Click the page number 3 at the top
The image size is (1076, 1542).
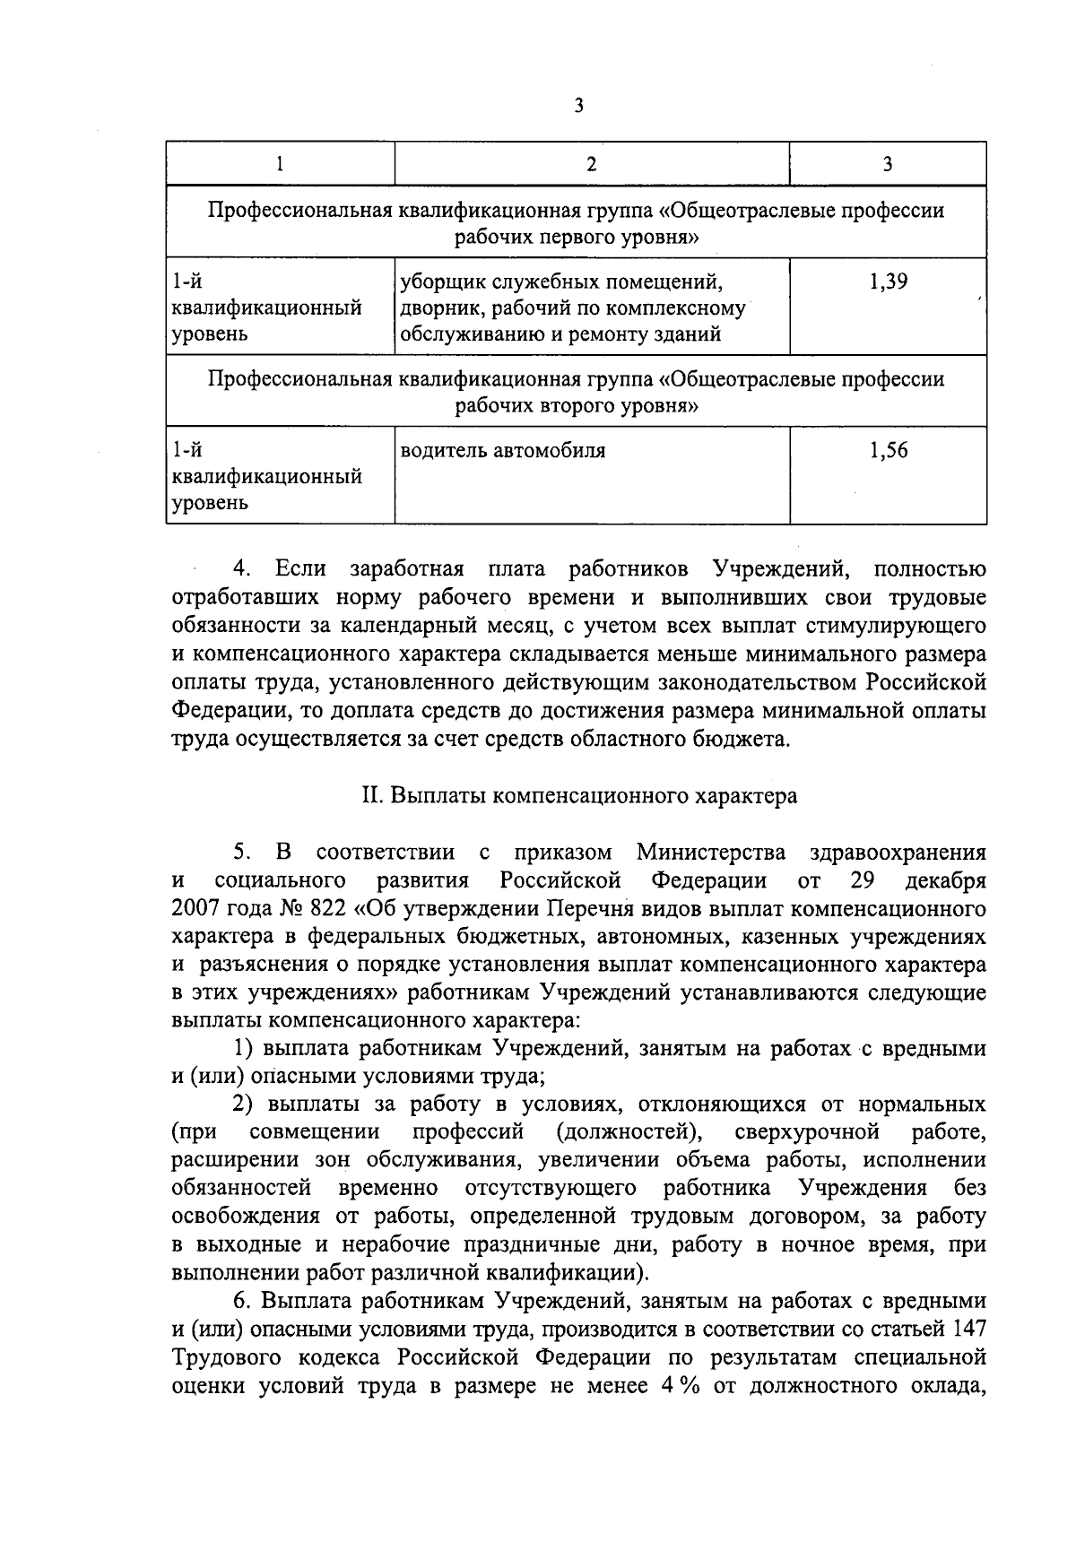pos(578,106)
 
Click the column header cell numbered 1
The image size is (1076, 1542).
pos(281,164)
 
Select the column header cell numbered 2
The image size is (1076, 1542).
pos(591,164)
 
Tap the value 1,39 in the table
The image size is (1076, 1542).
pos(888,282)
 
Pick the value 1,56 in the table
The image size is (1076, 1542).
pos(888,451)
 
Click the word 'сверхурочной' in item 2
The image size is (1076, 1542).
pos(803,1132)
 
